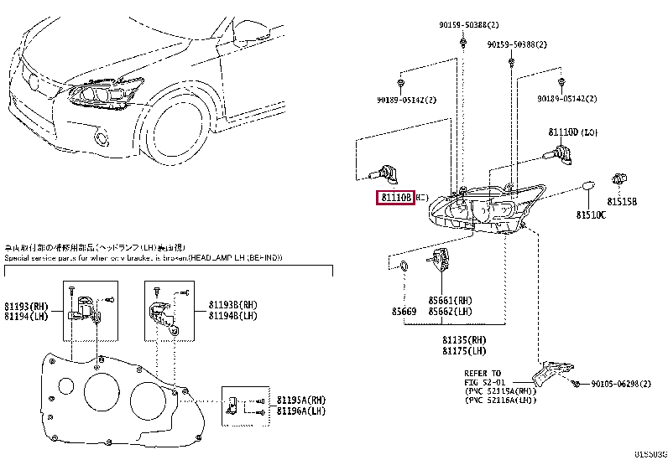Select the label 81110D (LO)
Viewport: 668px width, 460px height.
pyautogui.click(x=574, y=132)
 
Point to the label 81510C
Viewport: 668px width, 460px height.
pyautogui.click(x=592, y=215)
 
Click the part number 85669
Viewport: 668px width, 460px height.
pyautogui.click(x=403, y=312)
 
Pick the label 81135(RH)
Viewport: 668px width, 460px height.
pyautogui.click(x=465, y=339)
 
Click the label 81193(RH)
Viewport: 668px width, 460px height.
pyautogui.click(x=24, y=307)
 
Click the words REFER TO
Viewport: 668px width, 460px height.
pyautogui.click(x=482, y=372)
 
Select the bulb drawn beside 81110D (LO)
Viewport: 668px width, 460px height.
pyautogui.click(x=553, y=152)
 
